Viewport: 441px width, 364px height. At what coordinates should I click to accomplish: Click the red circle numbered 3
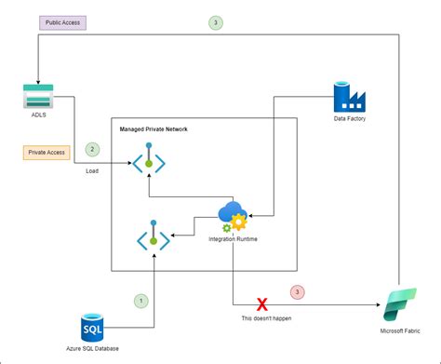(298, 292)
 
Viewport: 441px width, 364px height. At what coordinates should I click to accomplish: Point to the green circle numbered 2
(91, 148)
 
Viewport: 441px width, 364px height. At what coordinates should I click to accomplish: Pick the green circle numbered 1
(141, 301)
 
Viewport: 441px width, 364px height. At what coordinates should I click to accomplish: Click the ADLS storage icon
(38, 98)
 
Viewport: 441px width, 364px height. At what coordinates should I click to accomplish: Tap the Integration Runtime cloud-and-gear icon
(232, 218)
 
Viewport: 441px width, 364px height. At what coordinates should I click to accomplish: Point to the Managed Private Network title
(154, 128)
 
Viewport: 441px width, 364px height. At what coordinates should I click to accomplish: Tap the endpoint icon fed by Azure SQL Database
(154, 238)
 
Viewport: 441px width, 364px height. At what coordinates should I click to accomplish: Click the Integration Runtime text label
(232, 240)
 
